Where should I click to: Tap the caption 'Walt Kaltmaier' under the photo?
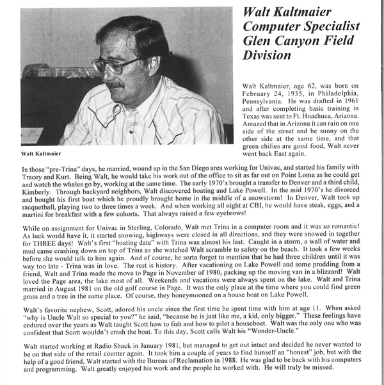tap(40, 154)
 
